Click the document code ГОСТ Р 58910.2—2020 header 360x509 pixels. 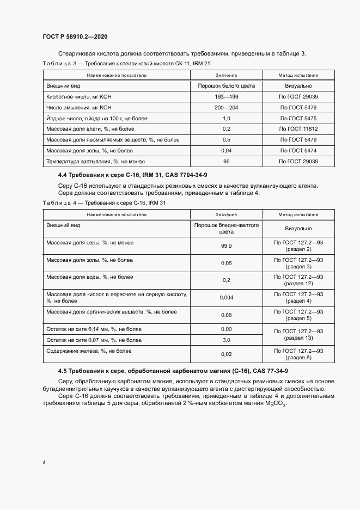click(75, 36)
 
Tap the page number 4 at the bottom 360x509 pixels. click(44, 462)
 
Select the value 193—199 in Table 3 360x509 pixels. click(227, 96)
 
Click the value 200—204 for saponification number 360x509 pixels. click(227, 107)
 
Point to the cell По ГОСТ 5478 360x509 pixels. click(298, 107)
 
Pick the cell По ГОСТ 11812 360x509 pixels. click(298, 129)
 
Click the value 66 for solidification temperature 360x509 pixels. click(227, 162)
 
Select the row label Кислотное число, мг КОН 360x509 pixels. click(79, 96)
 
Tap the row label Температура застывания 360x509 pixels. click(95, 162)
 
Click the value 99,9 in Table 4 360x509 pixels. click(227, 246)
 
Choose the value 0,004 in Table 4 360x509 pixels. click(227, 297)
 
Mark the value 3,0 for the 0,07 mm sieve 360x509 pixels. click(227, 340)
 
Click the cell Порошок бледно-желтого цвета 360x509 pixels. click(227, 228)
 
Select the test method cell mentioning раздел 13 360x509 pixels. click(298, 335)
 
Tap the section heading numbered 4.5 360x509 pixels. click(177, 371)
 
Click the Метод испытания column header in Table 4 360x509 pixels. click(298, 214)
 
